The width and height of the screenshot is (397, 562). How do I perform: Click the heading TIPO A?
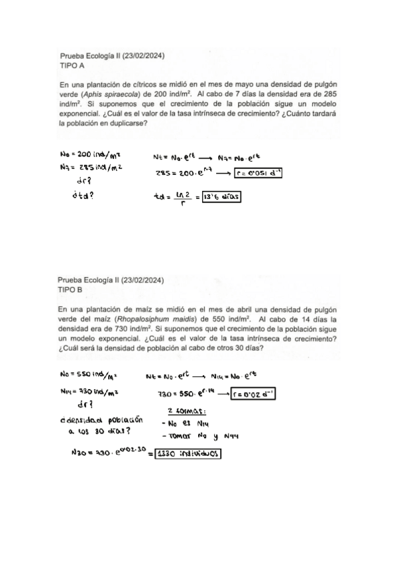click(72, 66)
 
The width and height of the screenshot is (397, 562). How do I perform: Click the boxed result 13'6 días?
click(221, 197)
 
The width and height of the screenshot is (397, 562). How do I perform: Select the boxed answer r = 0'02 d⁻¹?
click(253, 396)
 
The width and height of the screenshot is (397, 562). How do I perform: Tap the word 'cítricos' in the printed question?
click(142, 85)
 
